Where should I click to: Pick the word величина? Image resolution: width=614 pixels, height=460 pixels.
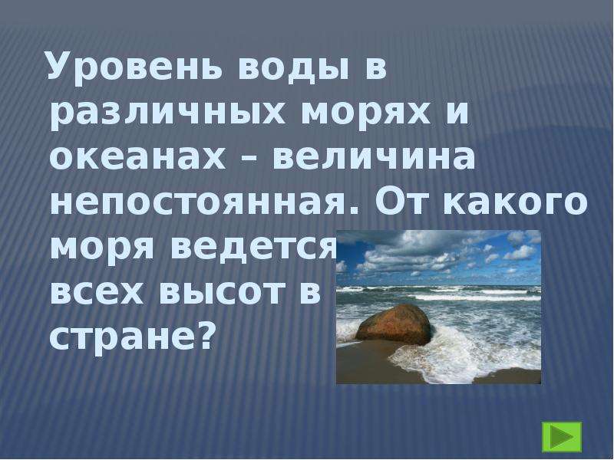[374, 159]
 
